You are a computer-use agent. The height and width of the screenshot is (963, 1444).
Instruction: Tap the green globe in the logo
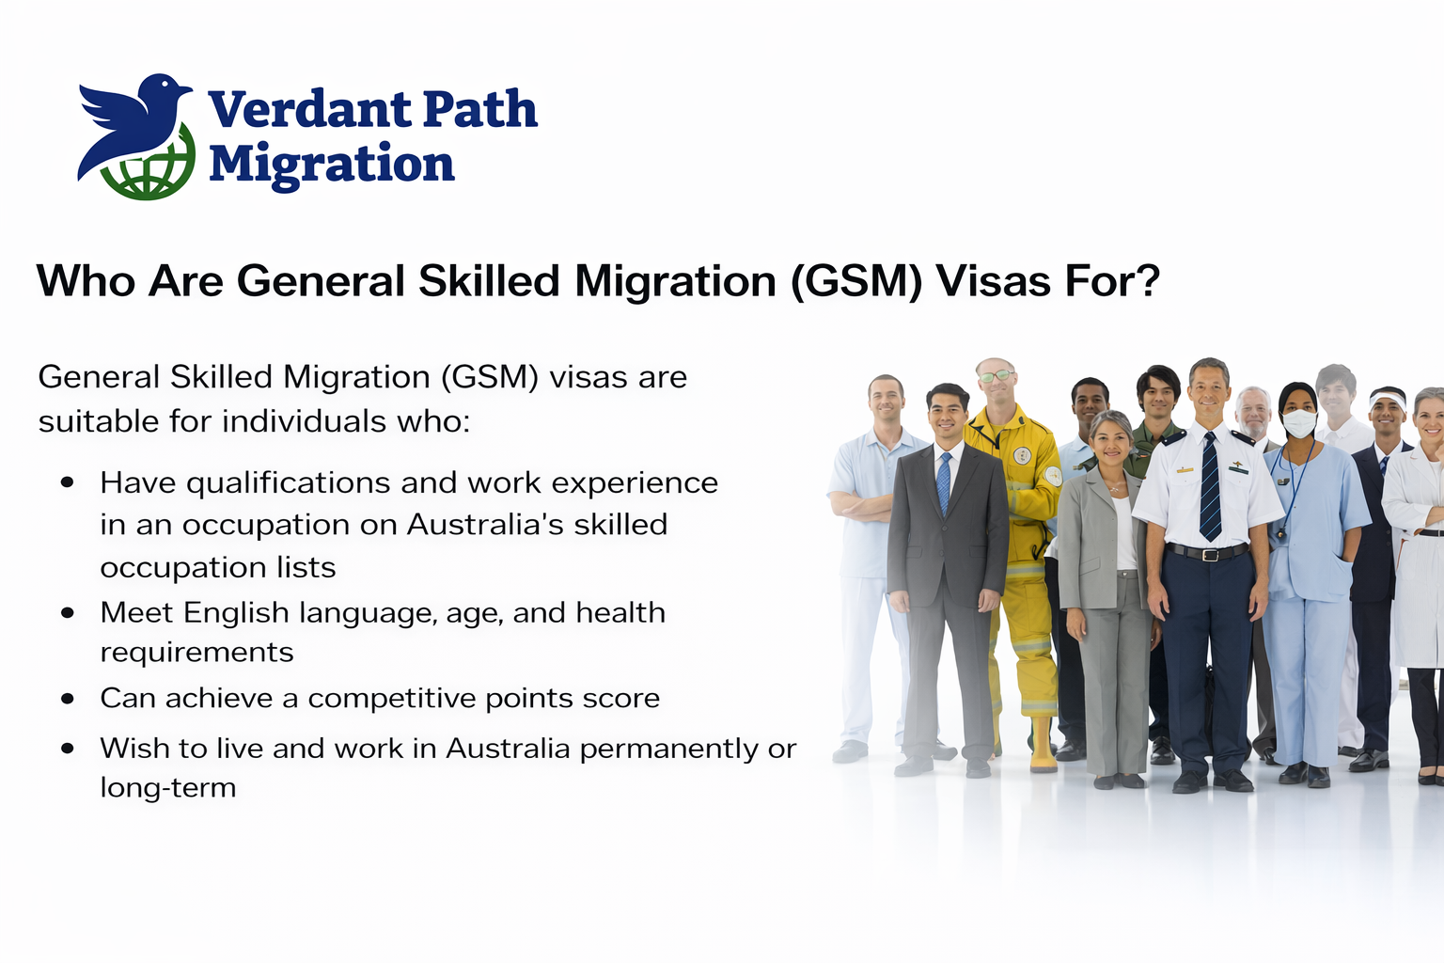150,174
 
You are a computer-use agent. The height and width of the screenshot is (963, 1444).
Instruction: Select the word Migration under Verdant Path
331,165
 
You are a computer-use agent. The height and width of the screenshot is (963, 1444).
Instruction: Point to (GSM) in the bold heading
855,281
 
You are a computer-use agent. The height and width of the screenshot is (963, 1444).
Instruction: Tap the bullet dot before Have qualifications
68,482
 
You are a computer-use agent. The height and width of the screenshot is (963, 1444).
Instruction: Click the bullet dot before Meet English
68,612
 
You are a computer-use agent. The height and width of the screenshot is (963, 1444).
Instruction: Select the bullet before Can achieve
68,698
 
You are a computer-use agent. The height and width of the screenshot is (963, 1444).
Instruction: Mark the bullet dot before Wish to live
68,749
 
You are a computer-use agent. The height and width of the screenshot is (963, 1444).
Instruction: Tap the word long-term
167,787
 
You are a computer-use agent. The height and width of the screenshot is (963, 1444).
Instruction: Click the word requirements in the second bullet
196,652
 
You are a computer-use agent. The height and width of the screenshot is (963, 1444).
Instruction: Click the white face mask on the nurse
1299,422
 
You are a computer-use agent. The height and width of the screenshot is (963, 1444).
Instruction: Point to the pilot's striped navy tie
1210,489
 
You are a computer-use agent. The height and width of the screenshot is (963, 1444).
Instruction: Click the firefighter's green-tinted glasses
996,376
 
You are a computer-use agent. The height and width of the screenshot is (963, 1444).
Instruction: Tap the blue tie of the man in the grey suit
943,483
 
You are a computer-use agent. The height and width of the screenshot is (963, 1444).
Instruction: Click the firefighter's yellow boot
1044,748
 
